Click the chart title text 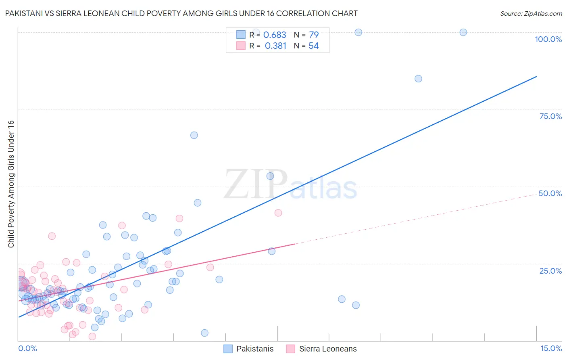coord(181,14)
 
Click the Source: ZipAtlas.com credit coord(531,14)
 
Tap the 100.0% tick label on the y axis coord(548,39)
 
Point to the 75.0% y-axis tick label coord(550,116)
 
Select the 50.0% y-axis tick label coord(550,193)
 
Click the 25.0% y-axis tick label coord(550,271)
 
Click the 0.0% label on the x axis coord(27,348)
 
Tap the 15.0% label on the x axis coord(551,348)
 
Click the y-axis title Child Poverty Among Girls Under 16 coord(11,184)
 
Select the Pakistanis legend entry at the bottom coord(249,349)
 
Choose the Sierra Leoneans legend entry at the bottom coord(322,349)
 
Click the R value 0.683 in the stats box coord(275,35)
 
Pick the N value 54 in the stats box coord(313,46)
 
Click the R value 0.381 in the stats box coord(275,46)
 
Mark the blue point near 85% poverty coord(418,79)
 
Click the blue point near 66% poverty coord(194,135)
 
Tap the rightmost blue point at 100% coord(463,32)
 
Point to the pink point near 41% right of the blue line coord(278,213)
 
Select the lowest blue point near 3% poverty coord(204,333)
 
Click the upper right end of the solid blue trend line coord(536,76)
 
